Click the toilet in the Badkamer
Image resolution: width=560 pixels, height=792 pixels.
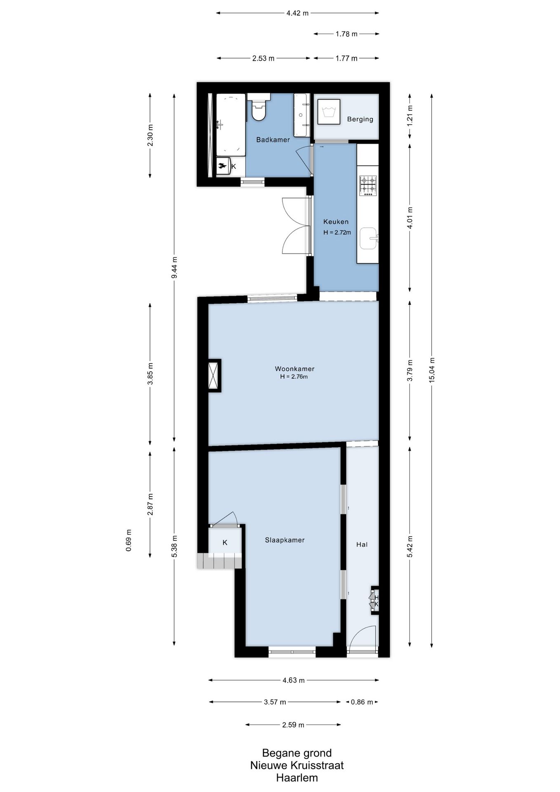[259, 107]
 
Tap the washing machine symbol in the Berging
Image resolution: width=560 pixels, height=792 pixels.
[329, 112]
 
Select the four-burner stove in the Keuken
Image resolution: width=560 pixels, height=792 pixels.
[368, 186]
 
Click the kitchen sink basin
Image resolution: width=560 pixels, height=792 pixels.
[368, 238]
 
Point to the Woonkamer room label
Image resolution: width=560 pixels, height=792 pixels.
[294, 369]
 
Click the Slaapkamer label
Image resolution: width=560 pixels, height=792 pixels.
[285, 540]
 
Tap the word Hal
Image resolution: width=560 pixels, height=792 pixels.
[362, 544]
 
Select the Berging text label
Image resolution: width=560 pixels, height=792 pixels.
[360, 119]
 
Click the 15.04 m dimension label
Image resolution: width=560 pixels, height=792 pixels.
[432, 370]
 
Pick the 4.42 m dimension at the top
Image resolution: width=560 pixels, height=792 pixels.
[297, 13]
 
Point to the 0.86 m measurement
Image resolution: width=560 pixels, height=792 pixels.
[362, 702]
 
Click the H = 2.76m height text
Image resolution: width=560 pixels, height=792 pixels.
[294, 377]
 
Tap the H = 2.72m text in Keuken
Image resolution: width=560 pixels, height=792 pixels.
[337, 232]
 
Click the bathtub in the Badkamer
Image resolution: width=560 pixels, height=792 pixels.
[231, 125]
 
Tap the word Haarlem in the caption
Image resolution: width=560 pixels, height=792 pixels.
[297, 778]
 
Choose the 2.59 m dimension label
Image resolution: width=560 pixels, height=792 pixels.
[293, 725]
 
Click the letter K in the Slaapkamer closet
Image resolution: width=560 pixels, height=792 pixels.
[225, 542]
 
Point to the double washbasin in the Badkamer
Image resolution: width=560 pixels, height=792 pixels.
[301, 115]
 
